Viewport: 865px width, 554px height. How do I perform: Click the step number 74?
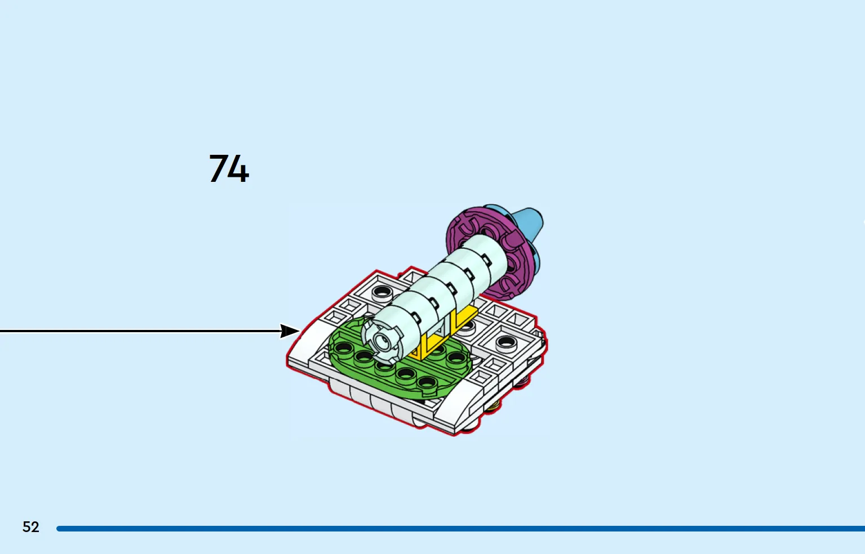point(229,168)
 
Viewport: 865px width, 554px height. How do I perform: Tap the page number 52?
point(31,527)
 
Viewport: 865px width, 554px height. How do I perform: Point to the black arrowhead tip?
point(300,331)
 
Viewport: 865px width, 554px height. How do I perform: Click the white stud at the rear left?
point(382,293)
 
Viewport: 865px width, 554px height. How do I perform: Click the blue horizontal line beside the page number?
point(461,528)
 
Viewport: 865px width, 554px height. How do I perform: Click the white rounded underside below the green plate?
point(371,401)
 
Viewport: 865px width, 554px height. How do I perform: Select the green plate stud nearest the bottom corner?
point(427,382)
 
